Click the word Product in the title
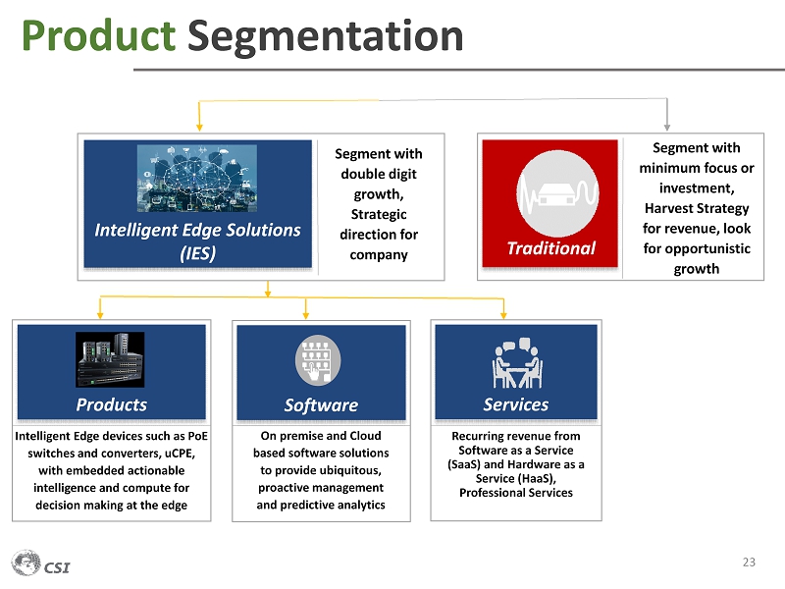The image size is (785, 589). (98, 35)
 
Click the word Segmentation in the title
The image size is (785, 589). (325, 35)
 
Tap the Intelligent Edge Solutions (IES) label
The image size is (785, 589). (197, 241)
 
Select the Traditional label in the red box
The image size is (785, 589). (550, 248)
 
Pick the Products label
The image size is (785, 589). (112, 404)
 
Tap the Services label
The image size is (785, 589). (516, 404)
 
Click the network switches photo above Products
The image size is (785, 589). (110, 359)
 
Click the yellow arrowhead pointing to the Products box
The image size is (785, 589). (101, 313)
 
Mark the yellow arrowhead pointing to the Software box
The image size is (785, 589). (306, 313)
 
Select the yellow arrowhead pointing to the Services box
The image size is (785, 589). (503, 313)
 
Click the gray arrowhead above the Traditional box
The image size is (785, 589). (667, 125)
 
